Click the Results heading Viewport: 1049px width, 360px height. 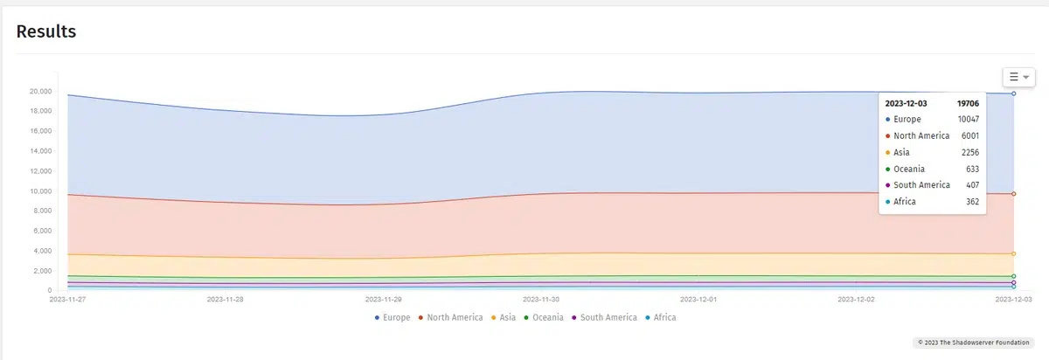(x=46, y=31)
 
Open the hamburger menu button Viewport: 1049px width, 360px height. (x=1018, y=77)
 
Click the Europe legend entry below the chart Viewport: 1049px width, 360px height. (x=393, y=317)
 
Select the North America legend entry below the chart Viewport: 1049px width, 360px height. (x=450, y=317)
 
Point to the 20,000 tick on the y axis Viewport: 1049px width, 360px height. (x=40, y=91)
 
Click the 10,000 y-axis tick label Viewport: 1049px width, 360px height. (x=40, y=191)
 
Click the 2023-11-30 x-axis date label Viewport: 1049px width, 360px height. (x=541, y=299)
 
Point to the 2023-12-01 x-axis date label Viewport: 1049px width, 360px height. (x=698, y=299)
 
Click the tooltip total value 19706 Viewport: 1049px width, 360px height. (x=968, y=103)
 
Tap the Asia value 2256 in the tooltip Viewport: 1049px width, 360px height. (x=970, y=153)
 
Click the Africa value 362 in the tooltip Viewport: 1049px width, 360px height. (x=972, y=202)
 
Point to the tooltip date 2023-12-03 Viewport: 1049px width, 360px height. (x=906, y=103)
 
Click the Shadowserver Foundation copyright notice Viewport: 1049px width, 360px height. (x=973, y=343)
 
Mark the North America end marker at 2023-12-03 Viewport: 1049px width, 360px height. (x=1013, y=193)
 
